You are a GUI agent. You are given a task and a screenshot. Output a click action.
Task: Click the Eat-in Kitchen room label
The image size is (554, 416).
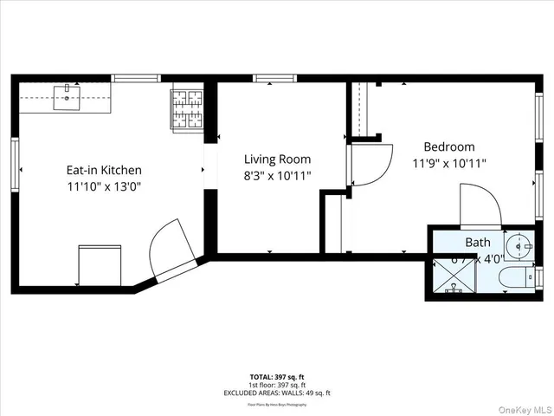coord(104,171)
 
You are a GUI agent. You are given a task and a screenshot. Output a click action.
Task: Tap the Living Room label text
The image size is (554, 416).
coord(277,159)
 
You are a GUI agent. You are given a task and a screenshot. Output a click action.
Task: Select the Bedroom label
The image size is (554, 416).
coord(448,147)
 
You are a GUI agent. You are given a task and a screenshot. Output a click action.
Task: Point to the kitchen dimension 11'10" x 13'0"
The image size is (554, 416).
coord(104,186)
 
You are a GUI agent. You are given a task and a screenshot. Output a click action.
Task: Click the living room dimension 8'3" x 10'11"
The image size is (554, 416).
coord(277,175)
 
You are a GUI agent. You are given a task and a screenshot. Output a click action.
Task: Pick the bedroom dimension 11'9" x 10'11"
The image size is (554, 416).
coord(448,163)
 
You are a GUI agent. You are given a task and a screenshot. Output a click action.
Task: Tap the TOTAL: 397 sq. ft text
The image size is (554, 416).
coord(277,376)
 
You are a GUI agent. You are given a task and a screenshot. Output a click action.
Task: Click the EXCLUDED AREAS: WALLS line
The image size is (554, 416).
coord(277,393)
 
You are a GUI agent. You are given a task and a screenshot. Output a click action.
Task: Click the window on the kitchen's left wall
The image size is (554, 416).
coord(15,163)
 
